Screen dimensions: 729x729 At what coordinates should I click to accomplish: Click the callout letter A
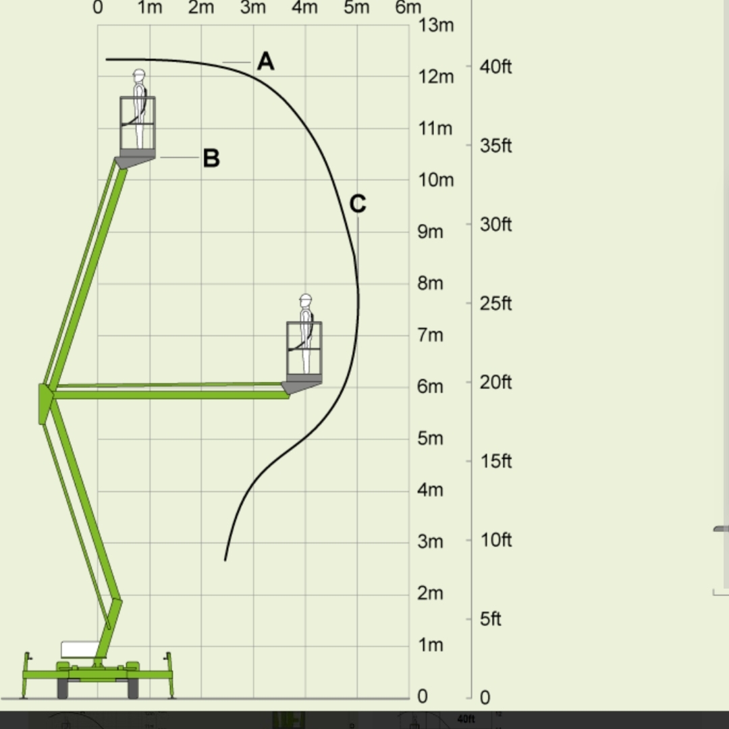pos(265,61)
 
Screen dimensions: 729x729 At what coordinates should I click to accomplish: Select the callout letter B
pos(211,158)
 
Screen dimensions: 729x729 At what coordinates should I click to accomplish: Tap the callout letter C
pos(358,204)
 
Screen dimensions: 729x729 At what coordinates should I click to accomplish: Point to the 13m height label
pos(435,25)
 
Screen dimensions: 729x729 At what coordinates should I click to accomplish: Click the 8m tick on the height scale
pos(430,283)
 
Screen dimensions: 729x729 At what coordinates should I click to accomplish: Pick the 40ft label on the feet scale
pos(495,67)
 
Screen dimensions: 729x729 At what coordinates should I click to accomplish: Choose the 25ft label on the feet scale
pos(495,304)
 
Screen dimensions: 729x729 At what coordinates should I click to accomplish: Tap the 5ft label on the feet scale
pos(491,619)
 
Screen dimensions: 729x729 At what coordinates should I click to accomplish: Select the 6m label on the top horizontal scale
pos(408,7)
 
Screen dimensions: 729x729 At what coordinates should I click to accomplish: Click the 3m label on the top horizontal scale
pos(253,7)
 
